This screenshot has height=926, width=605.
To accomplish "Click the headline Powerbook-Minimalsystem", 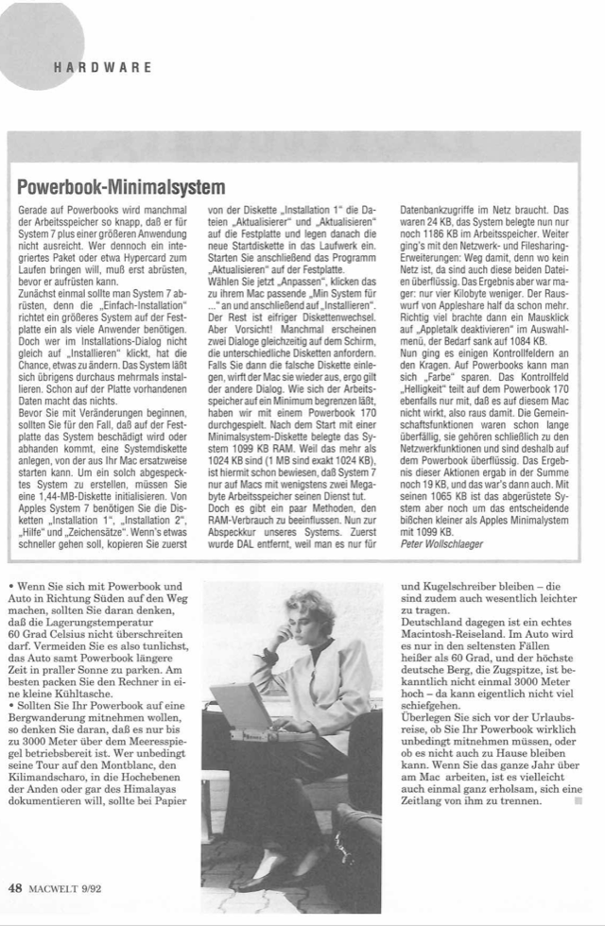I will point(122,182).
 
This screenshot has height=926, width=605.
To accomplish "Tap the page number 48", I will point(15,886).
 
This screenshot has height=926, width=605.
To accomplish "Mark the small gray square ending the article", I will point(577,801).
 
